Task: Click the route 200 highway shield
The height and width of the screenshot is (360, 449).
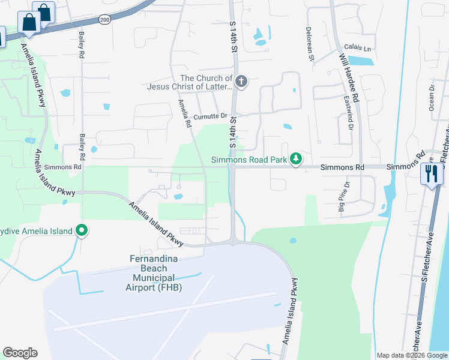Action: (105, 20)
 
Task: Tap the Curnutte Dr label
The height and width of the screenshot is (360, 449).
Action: (211, 116)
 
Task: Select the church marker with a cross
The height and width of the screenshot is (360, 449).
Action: (241, 82)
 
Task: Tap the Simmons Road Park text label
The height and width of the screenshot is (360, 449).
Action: (249, 160)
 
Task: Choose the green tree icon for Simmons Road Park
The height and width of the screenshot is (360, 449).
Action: (295, 159)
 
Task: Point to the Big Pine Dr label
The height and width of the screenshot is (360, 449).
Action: (342, 197)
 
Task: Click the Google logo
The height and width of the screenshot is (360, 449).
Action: (20, 353)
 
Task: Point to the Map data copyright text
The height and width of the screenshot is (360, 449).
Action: (411, 355)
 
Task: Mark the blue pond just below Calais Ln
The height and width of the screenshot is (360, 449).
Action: (361, 60)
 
